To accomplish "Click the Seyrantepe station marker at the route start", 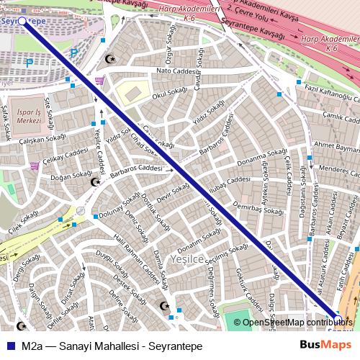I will (22, 22).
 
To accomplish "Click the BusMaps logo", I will (326, 345).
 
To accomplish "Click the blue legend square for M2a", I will (11, 346).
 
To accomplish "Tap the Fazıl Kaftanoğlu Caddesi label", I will (331, 89).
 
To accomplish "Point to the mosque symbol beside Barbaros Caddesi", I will (95, 182).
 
